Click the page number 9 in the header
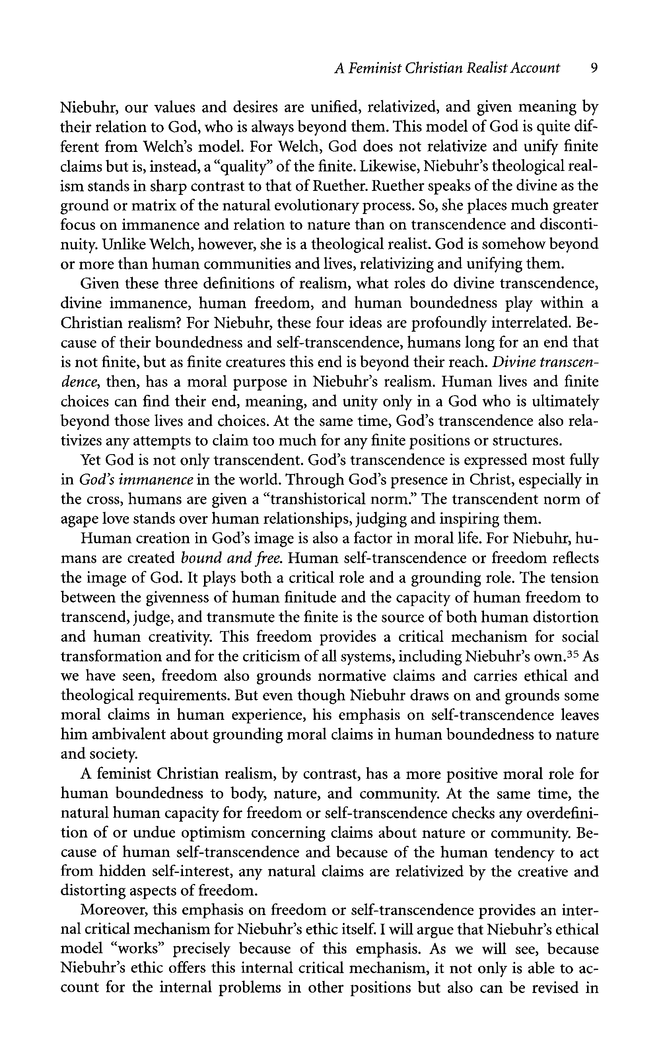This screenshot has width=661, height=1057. (x=593, y=68)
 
